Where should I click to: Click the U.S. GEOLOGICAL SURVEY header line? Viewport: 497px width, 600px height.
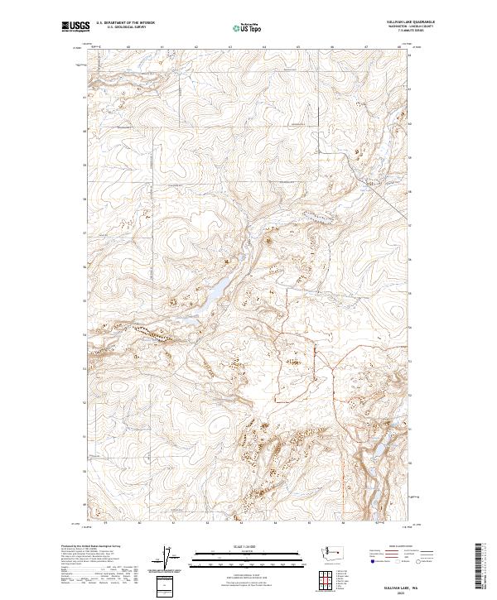tap(125, 26)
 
